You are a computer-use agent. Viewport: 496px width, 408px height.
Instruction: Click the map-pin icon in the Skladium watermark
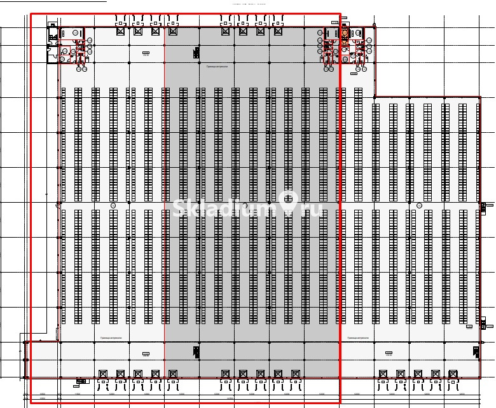click(x=289, y=204)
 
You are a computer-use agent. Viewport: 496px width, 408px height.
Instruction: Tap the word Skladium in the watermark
click(x=226, y=208)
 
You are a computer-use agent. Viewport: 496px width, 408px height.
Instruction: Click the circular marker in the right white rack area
click(x=419, y=206)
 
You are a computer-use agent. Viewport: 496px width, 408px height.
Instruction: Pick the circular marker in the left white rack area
click(x=113, y=206)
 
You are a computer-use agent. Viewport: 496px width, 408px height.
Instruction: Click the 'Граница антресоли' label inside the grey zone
click(x=207, y=65)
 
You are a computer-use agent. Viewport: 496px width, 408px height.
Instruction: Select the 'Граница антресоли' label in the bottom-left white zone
click(x=102, y=337)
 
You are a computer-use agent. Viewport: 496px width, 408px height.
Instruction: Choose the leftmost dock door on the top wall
click(x=121, y=29)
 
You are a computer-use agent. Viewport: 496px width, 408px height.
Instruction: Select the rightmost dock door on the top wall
click(x=277, y=29)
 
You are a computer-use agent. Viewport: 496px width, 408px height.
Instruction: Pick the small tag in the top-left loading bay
click(x=146, y=54)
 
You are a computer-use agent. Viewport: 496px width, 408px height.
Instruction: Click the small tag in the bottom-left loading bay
click(x=146, y=353)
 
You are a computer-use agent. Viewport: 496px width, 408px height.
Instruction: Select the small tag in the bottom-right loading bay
click(x=388, y=353)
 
